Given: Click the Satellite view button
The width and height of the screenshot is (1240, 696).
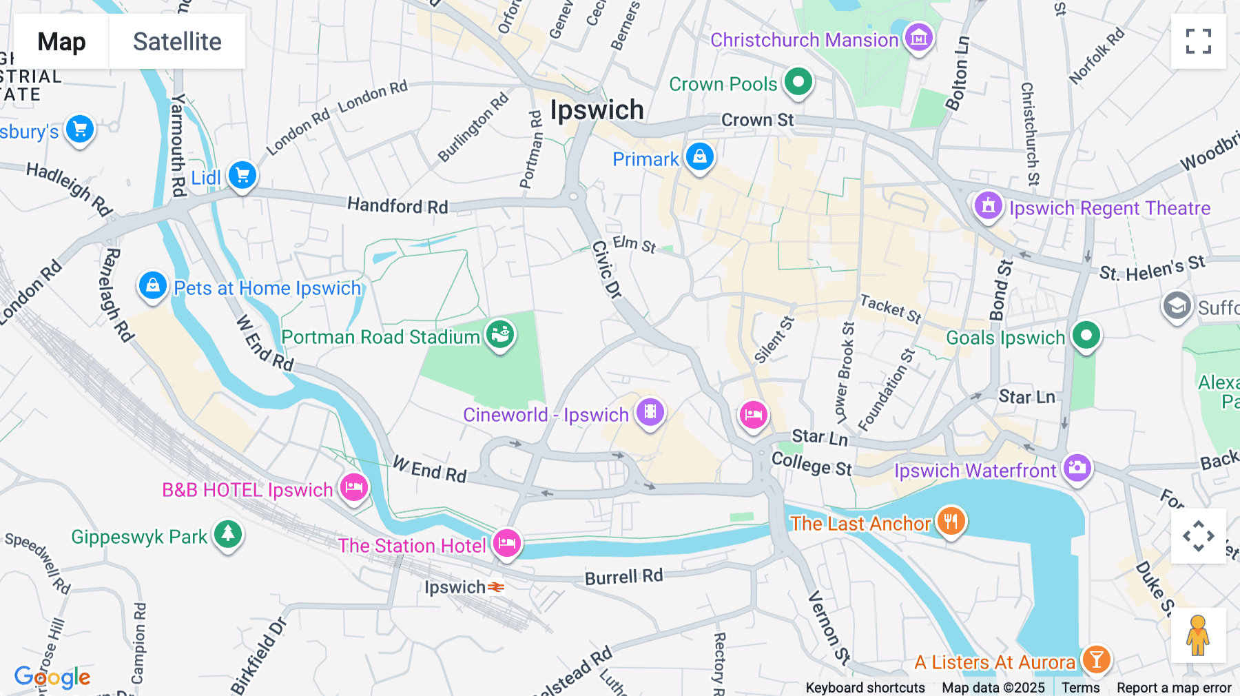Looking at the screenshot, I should pos(177,41).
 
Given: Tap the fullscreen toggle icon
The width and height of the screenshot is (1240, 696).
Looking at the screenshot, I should pos(1198,41).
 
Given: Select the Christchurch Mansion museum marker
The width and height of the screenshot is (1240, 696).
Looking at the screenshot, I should pos(918,38).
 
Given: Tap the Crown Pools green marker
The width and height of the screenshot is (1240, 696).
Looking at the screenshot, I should pos(798,82).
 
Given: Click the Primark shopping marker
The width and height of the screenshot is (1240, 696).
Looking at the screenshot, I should pos(699,156).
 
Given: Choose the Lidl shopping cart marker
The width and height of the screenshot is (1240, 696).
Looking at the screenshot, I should pos(242,175).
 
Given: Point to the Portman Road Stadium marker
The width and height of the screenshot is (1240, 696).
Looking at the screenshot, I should pos(500,334).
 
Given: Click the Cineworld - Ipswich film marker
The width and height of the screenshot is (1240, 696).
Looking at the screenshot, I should pos(650,412).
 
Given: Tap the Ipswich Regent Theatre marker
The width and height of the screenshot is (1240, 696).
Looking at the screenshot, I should pos(988,205).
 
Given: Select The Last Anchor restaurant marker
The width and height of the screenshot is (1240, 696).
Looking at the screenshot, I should pos(951,521).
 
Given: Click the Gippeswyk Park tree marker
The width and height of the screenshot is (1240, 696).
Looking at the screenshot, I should pos(228,534).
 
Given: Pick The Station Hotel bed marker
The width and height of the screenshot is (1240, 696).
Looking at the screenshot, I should pos(506,543).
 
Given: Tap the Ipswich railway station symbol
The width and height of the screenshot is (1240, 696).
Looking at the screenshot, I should pos(496,587).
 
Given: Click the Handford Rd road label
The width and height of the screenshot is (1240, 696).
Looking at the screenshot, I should pos(397,205).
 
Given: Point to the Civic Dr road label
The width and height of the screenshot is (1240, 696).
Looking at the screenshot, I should pos(606,269).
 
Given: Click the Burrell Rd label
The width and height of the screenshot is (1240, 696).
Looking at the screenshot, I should pos(623,577).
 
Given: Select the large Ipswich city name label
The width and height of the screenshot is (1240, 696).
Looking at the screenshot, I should pos(597,110).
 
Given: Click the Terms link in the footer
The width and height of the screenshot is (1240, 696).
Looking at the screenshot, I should pos(1080,687).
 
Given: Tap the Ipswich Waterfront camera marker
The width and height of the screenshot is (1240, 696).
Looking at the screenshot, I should pos(1077,468).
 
